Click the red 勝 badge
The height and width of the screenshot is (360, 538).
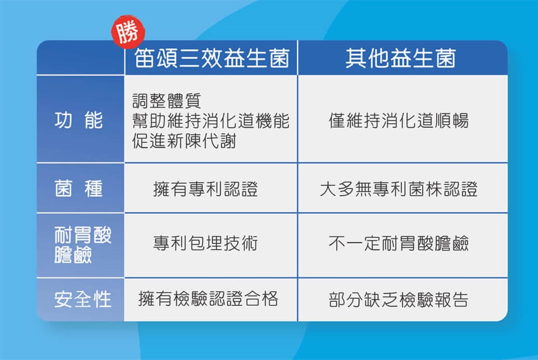(128, 31)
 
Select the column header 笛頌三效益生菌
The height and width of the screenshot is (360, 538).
(212, 58)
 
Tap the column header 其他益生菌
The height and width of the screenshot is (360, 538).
(401, 58)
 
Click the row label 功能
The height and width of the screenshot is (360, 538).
(78, 120)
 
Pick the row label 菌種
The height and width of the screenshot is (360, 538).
(78, 188)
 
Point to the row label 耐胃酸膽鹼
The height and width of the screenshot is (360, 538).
(83, 244)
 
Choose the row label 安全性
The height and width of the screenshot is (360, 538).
(83, 299)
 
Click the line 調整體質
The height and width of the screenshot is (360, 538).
(166, 100)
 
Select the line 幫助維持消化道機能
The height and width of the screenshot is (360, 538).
(211, 121)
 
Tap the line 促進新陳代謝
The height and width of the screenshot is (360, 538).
(184, 141)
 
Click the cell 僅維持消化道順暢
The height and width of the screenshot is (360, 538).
(398, 121)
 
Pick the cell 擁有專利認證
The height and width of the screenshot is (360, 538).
(206, 189)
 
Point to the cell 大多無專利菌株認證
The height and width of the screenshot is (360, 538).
(398, 189)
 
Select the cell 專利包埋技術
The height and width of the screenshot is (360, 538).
(206, 243)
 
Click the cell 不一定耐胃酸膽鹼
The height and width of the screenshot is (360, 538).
(398, 243)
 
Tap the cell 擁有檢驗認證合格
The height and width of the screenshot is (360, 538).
(208, 298)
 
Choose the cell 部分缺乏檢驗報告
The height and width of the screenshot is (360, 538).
(398, 299)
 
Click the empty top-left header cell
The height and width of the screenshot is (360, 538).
(81, 57)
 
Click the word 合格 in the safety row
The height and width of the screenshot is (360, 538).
(261, 298)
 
